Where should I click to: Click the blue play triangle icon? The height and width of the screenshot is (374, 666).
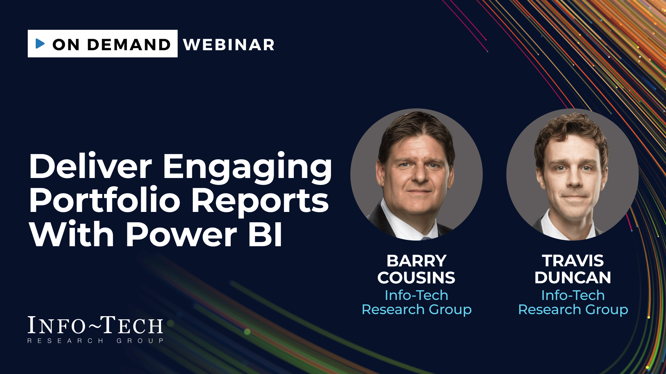click(x=40, y=44)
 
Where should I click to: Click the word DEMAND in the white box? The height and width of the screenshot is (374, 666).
click(x=129, y=45)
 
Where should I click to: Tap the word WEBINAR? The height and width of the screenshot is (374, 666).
click(x=229, y=45)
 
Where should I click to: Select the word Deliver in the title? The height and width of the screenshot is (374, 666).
click(x=91, y=167)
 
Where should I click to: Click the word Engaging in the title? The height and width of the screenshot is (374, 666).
click(x=247, y=169)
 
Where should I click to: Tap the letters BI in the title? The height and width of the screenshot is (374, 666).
click(x=265, y=234)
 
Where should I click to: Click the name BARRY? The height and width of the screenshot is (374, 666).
click(x=416, y=261)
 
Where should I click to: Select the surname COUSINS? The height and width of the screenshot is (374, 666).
click(x=416, y=278)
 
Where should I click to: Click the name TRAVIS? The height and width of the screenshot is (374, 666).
click(x=573, y=261)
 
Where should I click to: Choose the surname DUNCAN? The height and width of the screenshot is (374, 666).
click(x=573, y=278)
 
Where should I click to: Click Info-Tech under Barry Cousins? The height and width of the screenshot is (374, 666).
click(x=416, y=295)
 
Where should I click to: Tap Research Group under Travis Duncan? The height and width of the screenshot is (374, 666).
click(x=573, y=310)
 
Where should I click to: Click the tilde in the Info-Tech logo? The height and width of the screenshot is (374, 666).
click(x=94, y=325)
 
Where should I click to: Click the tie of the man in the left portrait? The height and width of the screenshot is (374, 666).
click(x=426, y=238)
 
